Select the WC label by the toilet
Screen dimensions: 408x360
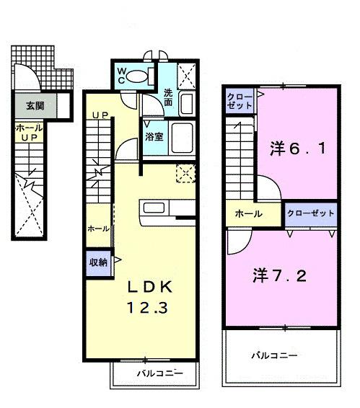point(122,75)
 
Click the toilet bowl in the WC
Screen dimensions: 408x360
point(141,75)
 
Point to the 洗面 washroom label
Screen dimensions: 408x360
point(168,97)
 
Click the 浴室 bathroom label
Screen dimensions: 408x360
point(153,136)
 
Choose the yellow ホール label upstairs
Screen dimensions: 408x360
point(247,214)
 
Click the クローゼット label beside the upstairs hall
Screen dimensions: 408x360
point(310,213)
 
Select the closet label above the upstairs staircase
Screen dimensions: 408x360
point(240,101)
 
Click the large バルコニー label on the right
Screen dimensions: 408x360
point(275,355)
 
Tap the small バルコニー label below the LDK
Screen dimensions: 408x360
point(155,373)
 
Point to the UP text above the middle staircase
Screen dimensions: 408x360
point(100,115)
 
